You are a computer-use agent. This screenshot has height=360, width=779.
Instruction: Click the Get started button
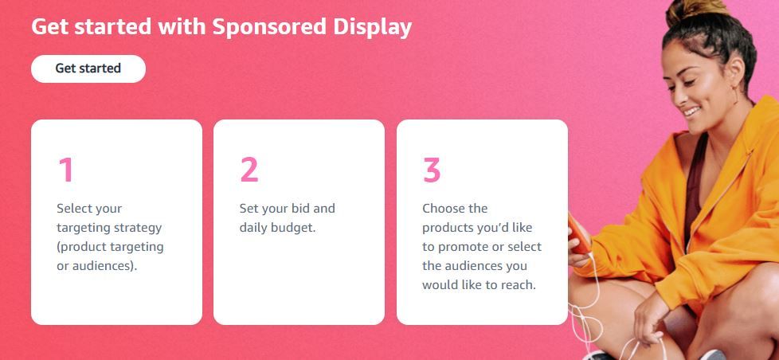click(88, 68)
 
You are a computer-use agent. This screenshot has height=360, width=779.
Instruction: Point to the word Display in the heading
click(371, 27)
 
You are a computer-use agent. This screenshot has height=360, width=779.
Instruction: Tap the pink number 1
click(65, 170)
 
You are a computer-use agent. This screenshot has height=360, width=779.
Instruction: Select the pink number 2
click(249, 170)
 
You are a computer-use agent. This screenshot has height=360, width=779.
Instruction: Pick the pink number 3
click(432, 170)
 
